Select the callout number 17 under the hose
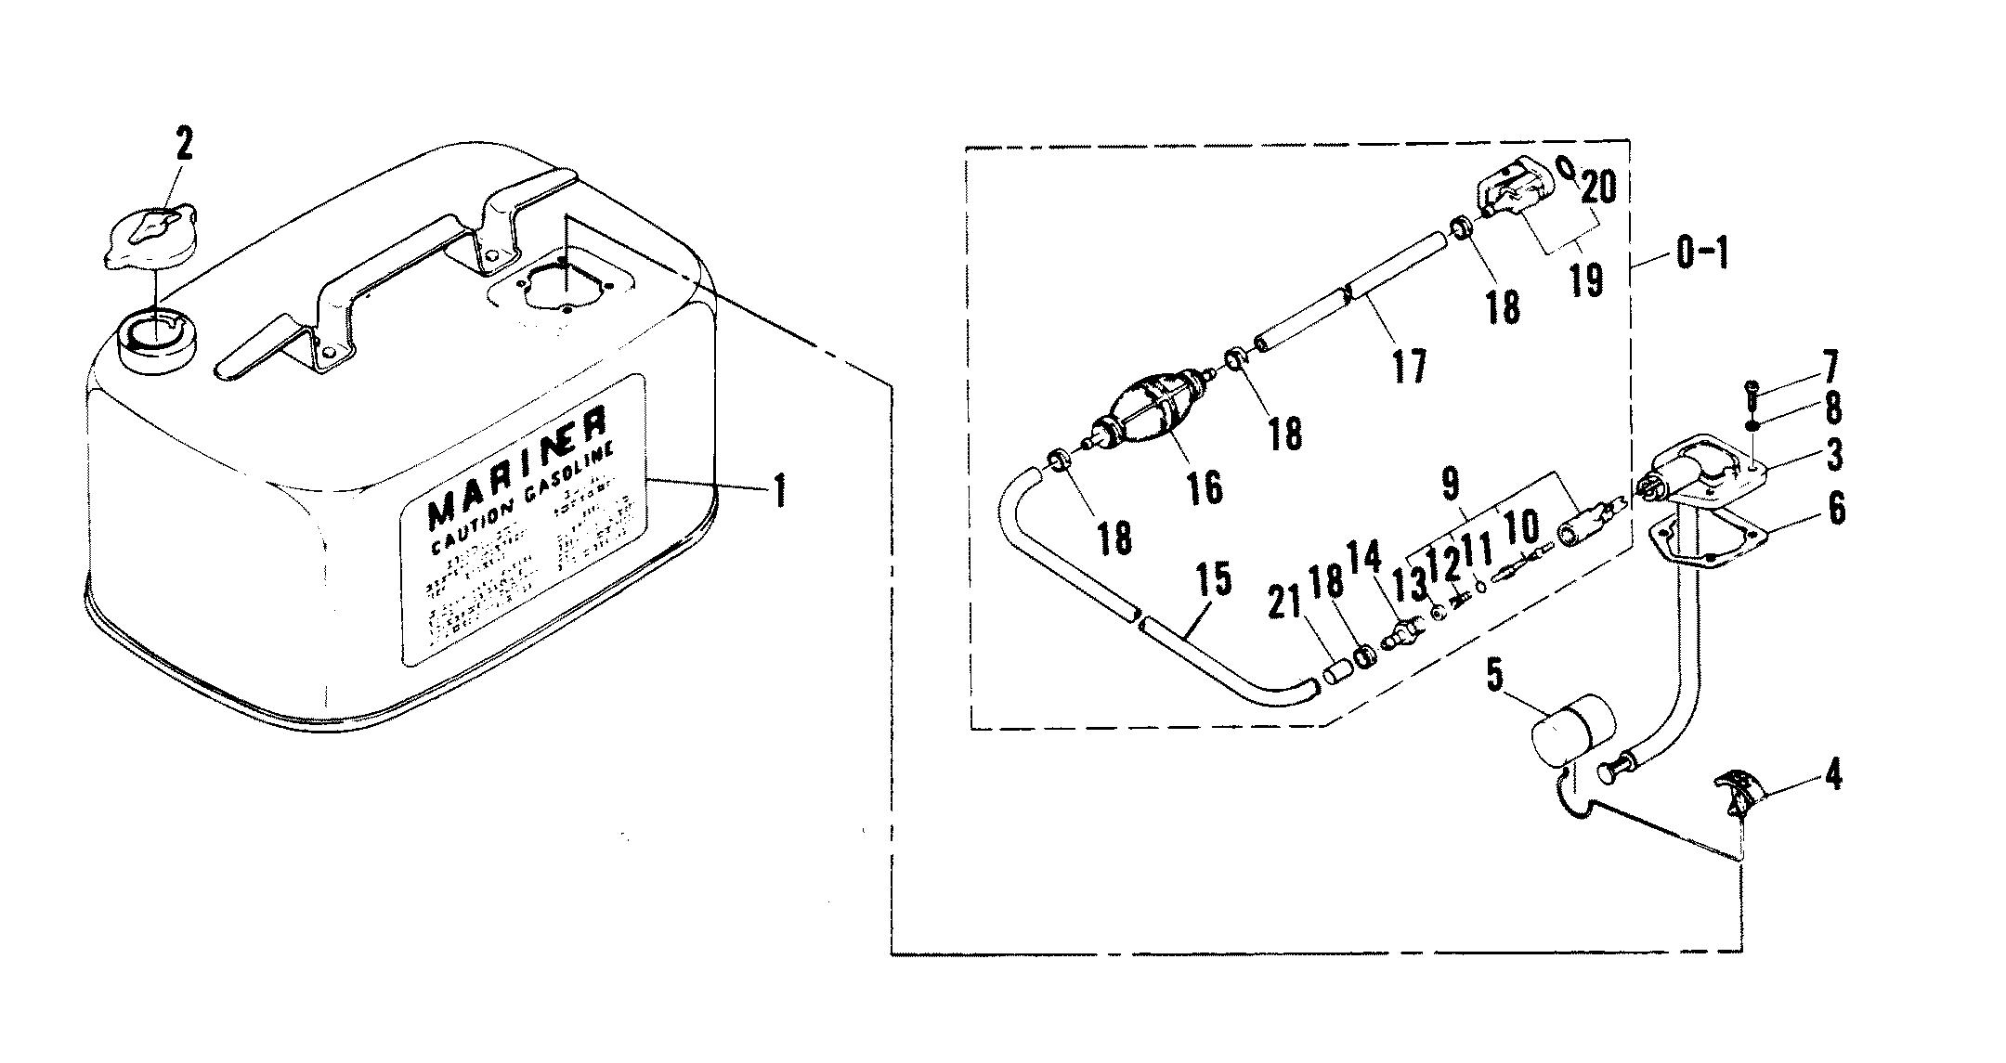coord(1409,366)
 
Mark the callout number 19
coord(1587,279)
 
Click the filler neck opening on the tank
coord(158,336)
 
